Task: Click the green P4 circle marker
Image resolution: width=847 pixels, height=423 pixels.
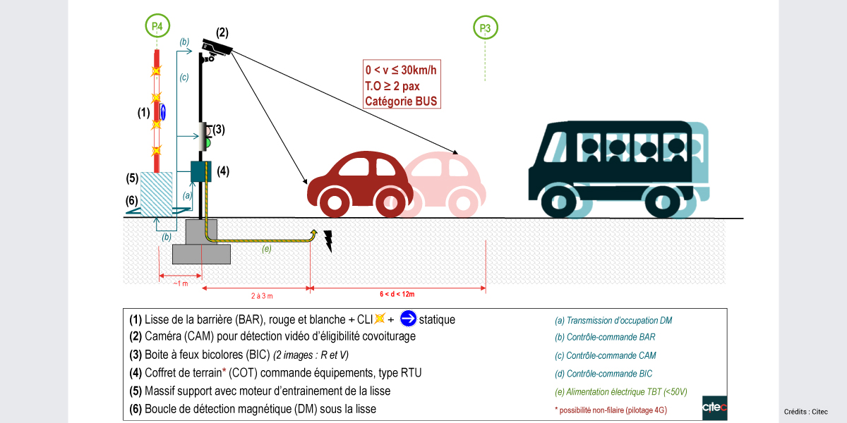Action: tap(157, 27)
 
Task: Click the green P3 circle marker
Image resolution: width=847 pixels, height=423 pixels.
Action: tap(485, 28)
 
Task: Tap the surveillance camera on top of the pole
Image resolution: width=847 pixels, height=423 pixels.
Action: tap(217, 47)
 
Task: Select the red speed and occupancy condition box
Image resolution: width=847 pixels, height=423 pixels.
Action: tap(401, 85)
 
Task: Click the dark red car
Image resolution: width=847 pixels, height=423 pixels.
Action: tap(356, 182)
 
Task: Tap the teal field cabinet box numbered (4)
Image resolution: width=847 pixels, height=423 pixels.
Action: tap(201, 171)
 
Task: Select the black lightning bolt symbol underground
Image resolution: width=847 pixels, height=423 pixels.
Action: tap(328, 240)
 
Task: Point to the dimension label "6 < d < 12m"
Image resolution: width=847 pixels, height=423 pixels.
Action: tap(397, 294)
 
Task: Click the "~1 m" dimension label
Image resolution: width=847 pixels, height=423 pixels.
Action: tap(181, 283)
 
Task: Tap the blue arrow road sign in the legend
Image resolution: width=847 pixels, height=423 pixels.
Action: tap(408, 319)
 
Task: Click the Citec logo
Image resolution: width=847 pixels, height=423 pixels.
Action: tap(714, 407)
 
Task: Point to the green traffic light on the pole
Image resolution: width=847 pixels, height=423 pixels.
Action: tap(208, 142)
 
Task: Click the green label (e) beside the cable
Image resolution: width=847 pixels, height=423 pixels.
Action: tap(266, 249)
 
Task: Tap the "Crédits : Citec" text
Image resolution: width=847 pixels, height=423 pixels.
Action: tap(805, 412)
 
